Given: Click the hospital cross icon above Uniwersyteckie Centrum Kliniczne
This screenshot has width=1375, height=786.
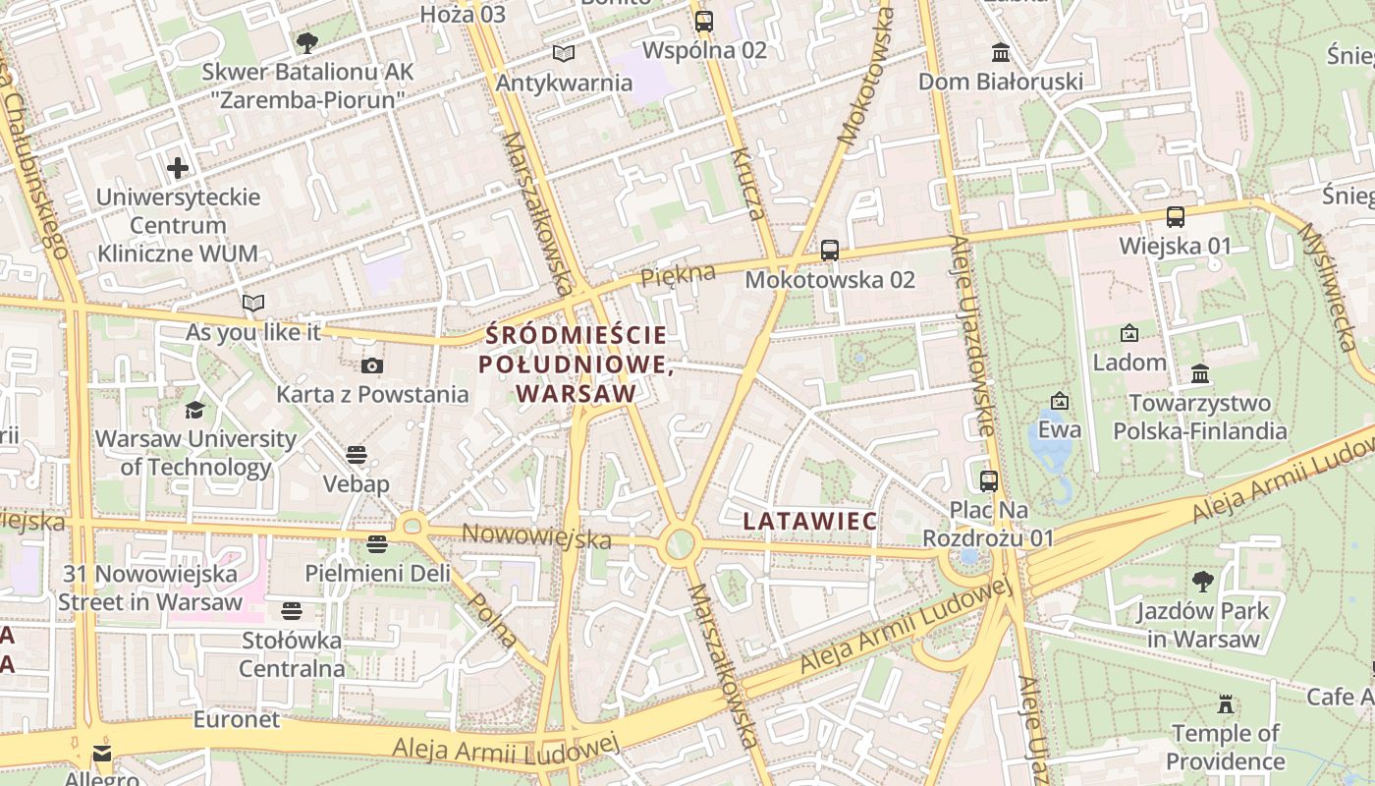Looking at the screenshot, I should (178, 168).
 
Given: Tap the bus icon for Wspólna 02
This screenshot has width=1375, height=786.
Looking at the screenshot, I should (704, 21).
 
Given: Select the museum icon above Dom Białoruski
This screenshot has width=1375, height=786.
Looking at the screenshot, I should (1001, 52).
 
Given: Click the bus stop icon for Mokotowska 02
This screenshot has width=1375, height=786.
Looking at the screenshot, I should (830, 251).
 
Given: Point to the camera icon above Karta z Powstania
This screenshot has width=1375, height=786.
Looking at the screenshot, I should (372, 366).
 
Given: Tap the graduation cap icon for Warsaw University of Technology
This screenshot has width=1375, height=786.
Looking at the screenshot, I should (195, 410).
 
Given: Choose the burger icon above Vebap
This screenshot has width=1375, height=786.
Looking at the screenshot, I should (357, 455).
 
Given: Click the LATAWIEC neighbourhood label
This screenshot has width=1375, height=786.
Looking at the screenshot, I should (810, 521).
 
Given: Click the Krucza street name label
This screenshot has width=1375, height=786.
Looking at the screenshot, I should (747, 184).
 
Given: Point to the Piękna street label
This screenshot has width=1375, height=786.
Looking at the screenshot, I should (678, 276).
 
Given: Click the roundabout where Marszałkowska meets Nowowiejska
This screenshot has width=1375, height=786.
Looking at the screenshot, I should (679, 544).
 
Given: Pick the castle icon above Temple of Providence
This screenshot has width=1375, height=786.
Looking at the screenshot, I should (1225, 704).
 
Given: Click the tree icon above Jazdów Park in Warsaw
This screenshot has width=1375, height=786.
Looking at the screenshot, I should (1202, 582).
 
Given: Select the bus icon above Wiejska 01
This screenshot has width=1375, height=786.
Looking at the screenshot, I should (1175, 217).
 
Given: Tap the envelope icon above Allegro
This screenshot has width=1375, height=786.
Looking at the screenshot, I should (102, 754).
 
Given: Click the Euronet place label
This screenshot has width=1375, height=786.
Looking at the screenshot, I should (236, 719).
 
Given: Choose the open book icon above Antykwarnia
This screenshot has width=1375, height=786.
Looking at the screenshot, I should (563, 53).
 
